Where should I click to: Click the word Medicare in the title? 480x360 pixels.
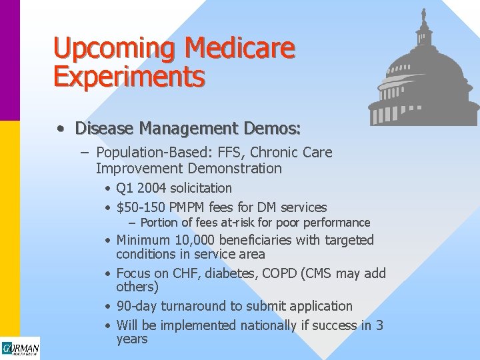(x=239, y=48)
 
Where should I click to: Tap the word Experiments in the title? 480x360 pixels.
(x=129, y=76)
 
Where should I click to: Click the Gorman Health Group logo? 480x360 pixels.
(x=20, y=349)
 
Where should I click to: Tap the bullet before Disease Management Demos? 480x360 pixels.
(x=61, y=127)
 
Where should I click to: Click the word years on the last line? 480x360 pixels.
(x=131, y=339)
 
